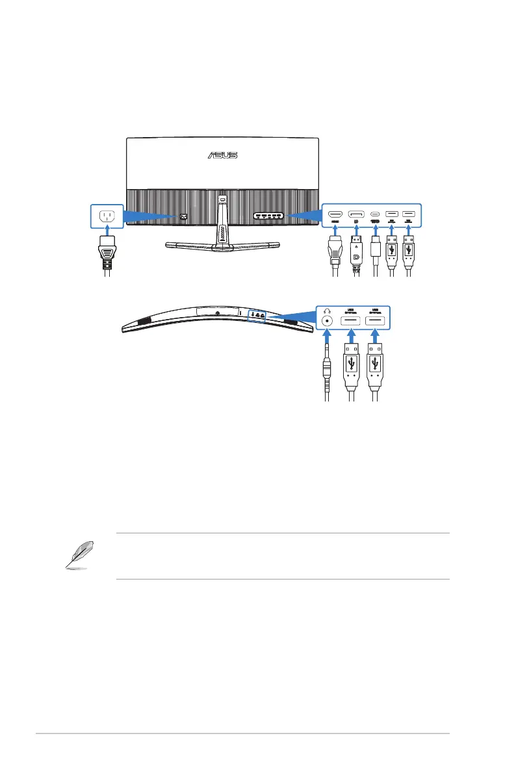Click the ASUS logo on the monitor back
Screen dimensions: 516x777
222,155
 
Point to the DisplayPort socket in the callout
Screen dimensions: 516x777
355,213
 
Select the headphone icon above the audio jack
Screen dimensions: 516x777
326,310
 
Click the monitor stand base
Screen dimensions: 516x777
221,246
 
